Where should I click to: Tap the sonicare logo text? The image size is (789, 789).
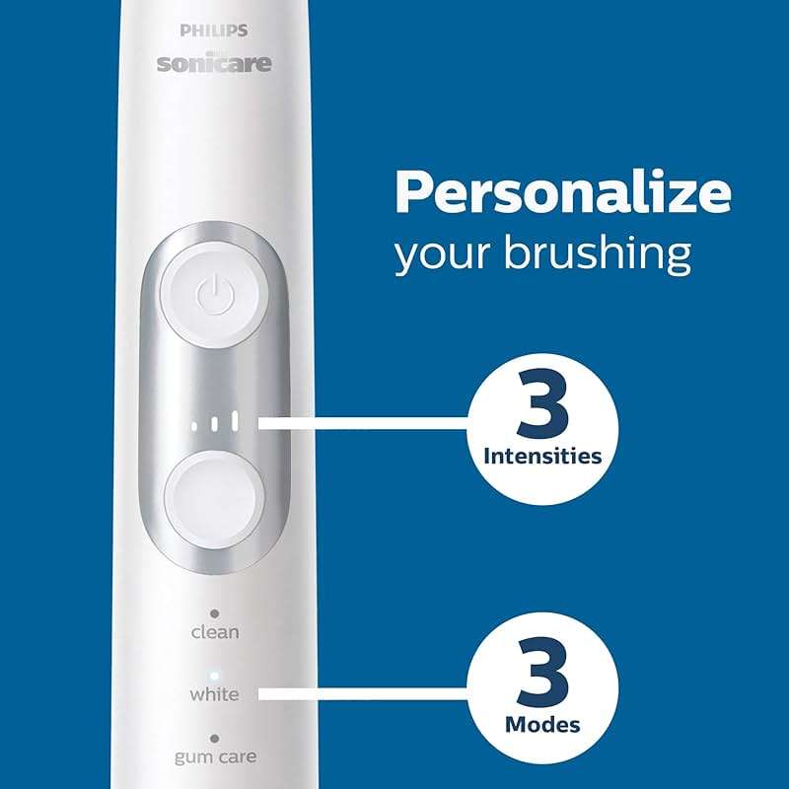(x=213, y=65)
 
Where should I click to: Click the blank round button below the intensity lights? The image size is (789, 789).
(x=214, y=490)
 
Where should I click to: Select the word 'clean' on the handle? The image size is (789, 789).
(x=214, y=631)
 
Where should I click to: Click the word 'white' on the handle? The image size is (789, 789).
(x=214, y=693)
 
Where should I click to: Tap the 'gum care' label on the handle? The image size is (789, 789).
(x=214, y=756)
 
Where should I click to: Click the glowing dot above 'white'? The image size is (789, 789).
(x=214, y=675)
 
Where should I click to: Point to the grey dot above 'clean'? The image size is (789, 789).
(x=214, y=612)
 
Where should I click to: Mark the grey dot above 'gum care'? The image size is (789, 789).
(x=214, y=737)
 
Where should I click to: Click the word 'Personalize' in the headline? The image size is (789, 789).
(x=562, y=193)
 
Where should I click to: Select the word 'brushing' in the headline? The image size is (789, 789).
(x=597, y=253)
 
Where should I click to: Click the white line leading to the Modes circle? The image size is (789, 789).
(x=365, y=694)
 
